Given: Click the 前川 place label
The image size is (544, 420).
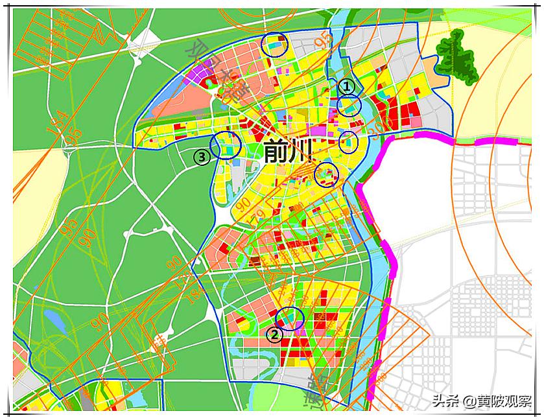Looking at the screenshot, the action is click(287, 152).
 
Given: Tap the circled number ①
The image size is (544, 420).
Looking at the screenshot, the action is click(348, 86).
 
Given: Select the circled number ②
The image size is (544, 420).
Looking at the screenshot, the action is click(274, 334).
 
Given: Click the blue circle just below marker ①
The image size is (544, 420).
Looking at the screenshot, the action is click(349, 105).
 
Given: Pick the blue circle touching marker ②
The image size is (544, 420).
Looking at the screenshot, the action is click(290, 318).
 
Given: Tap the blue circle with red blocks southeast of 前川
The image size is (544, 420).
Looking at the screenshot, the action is click(326, 174).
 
